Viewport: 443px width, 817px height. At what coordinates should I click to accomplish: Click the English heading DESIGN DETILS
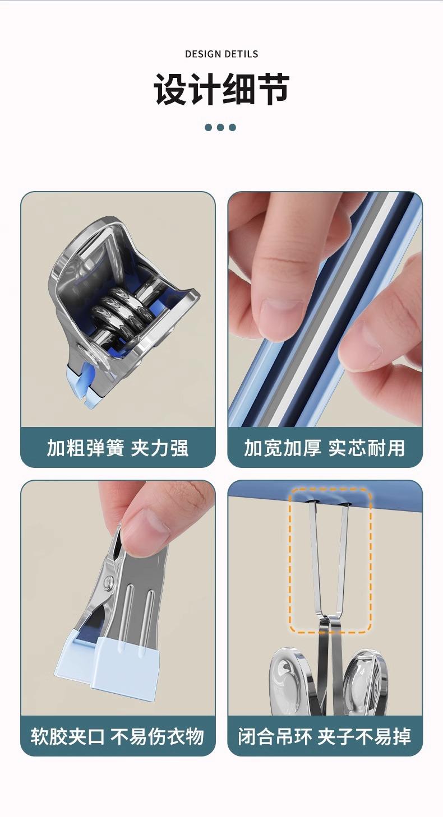point(221,54)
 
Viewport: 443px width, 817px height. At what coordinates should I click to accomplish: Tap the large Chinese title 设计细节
point(221,89)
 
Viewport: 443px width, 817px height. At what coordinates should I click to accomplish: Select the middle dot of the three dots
point(220,127)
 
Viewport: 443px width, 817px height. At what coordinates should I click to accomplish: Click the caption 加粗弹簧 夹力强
point(118,448)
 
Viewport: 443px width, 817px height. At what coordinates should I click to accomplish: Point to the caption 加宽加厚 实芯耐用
point(325,448)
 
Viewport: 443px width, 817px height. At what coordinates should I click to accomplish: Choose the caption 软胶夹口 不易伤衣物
point(118,736)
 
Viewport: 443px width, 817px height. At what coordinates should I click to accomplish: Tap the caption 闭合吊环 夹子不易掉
point(325,736)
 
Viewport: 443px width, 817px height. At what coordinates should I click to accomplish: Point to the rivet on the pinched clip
point(108,582)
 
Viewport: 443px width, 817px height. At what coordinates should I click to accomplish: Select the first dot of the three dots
point(209,127)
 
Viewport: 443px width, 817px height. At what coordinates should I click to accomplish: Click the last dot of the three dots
point(232,127)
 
